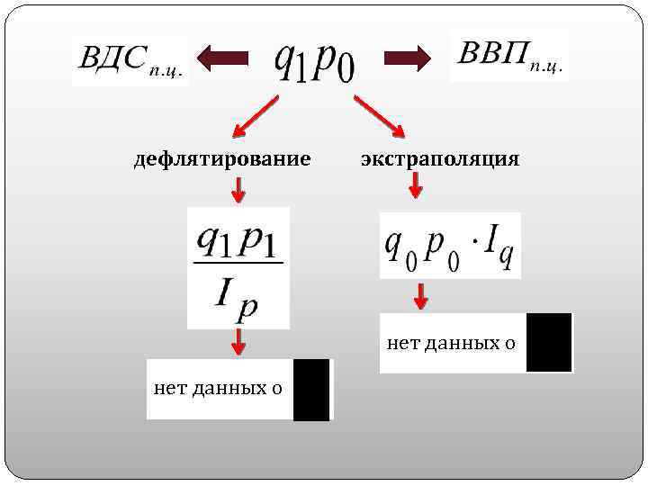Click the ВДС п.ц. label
(x=131, y=60)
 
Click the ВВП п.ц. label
(x=509, y=55)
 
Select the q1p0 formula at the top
(x=314, y=60)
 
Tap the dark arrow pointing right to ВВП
(x=407, y=59)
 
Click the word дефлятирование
(x=222, y=159)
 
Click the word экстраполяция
(x=440, y=159)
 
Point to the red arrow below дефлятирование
(x=238, y=189)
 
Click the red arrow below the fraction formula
(x=238, y=342)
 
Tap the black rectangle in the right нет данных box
(x=549, y=343)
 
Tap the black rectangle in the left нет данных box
(x=311, y=389)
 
